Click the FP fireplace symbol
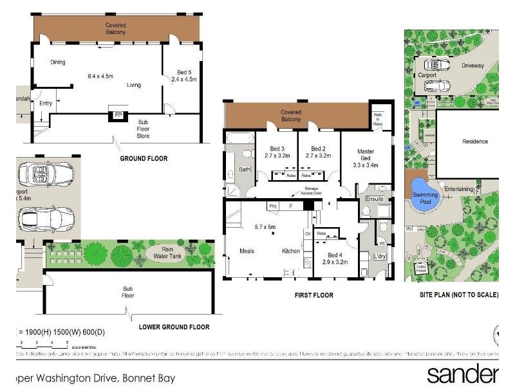pyautogui.click(x=118, y=115)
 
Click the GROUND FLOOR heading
pyautogui.click(x=144, y=158)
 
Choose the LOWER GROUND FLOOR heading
pyautogui.click(x=174, y=327)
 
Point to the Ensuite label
pyautogui.click(x=374, y=199)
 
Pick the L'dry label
pyautogui.click(x=380, y=258)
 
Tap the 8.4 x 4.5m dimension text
pyautogui.click(x=100, y=76)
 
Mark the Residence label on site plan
pyautogui.click(x=475, y=142)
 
